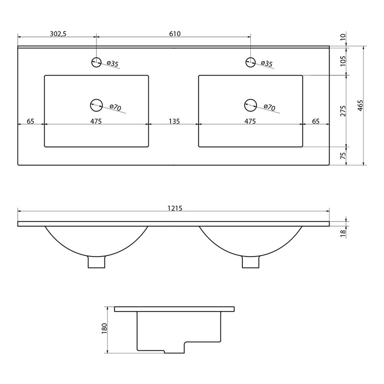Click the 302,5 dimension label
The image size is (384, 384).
(58, 34)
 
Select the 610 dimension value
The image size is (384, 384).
(175, 34)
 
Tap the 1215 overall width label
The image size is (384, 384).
(175, 208)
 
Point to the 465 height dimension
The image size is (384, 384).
(360, 105)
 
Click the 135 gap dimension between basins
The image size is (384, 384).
(175, 121)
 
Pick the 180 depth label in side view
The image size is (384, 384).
(105, 329)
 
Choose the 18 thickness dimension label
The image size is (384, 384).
(343, 233)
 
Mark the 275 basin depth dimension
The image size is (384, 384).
(343, 111)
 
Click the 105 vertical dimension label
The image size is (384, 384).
(343, 61)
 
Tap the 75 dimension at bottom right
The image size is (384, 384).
(343, 156)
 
